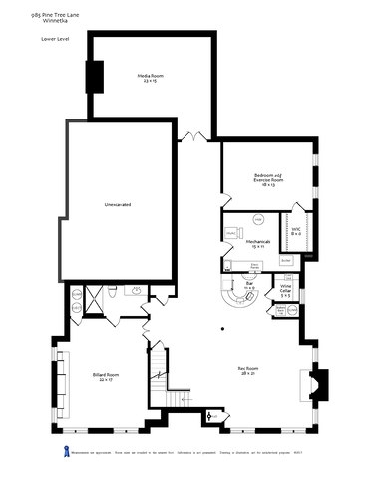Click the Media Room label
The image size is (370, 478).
point(151,78)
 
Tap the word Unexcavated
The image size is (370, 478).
point(118,204)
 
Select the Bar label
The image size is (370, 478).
point(251,287)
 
